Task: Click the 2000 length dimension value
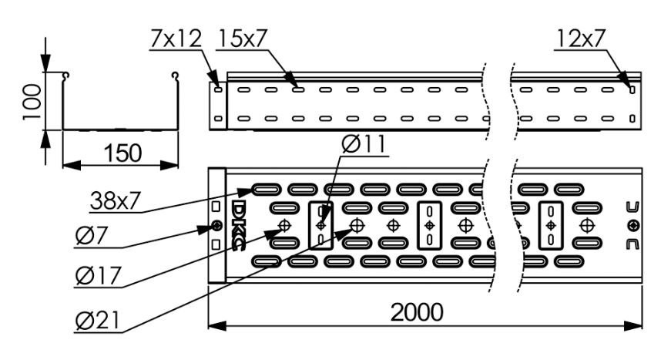[x=416, y=312]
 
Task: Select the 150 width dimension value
[x=122, y=153]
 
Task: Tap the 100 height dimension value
[x=33, y=102]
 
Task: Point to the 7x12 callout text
[x=176, y=39]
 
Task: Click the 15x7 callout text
[x=242, y=39]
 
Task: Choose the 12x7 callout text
[x=581, y=39]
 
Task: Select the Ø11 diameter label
[x=364, y=145]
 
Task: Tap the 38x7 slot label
[x=116, y=201]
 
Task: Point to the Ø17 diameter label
[x=98, y=276]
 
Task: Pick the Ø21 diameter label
[x=97, y=321]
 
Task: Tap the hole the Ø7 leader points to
[x=217, y=226]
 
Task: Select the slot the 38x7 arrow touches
[x=267, y=189]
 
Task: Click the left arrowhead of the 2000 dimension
[x=217, y=326]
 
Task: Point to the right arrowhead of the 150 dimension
[x=169, y=165]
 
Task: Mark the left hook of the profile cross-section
[x=65, y=76]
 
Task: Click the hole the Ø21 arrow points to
[x=357, y=225]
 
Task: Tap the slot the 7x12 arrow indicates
[x=218, y=89]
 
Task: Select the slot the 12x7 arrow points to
[x=632, y=89]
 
